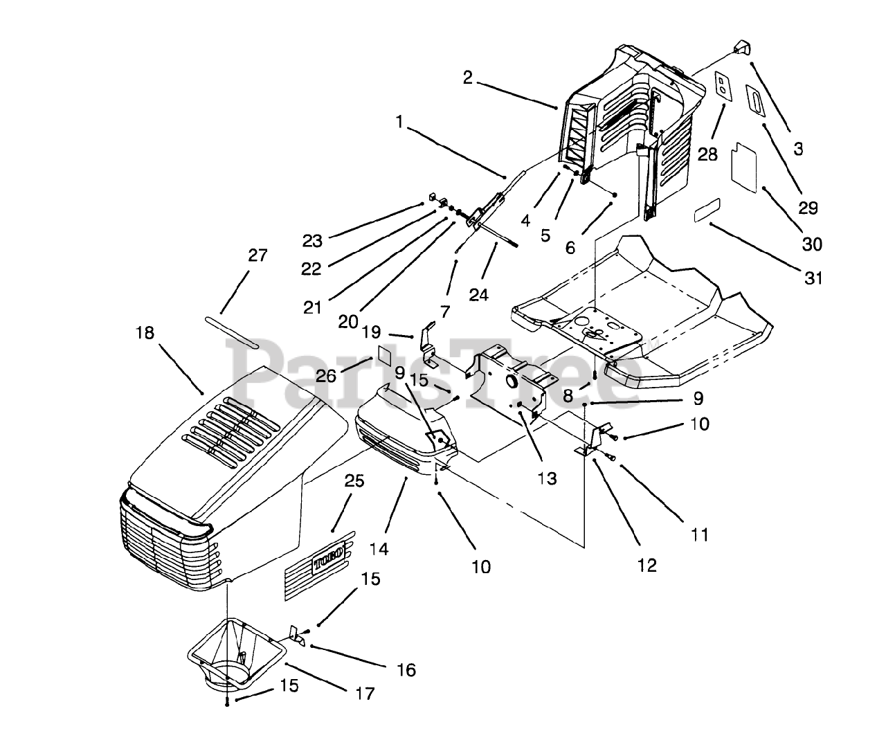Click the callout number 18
click(x=145, y=333)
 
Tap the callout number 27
click(x=257, y=255)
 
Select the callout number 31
click(x=813, y=279)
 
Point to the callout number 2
click(x=468, y=78)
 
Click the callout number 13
click(x=547, y=478)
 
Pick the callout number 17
click(x=365, y=694)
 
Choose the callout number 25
click(x=354, y=481)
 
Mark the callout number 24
click(x=479, y=295)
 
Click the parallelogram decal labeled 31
click(x=707, y=210)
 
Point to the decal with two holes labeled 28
click(x=723, y=86)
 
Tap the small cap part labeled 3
click(x=743, y=47)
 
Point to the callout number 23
click(x=312, y=242)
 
